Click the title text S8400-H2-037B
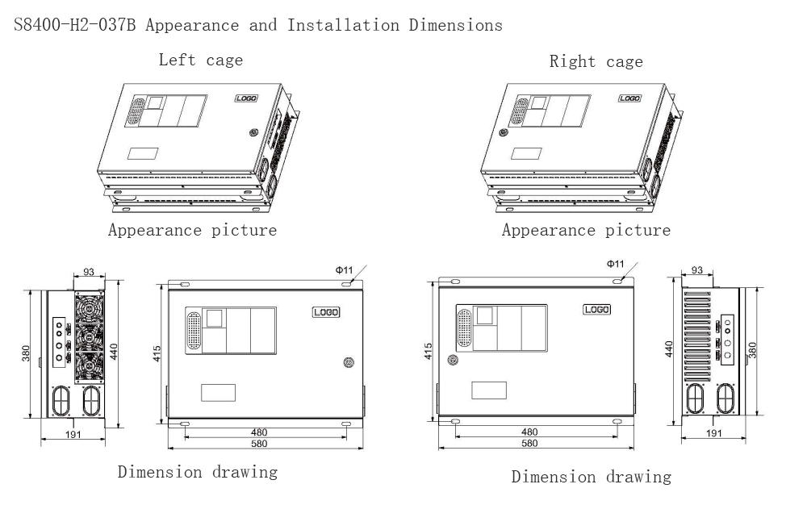point(76,25)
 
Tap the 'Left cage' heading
point(200,60)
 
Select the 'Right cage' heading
point(596,61)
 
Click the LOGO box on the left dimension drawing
point(325,312)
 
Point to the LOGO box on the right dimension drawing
point(596,309)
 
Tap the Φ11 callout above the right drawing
point(615,264)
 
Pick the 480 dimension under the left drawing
point(259,432)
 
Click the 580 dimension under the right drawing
point(529,444)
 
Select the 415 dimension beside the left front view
point(158,353)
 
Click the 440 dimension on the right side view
point(669,349)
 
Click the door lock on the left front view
point(348,362)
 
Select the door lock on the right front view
point(453,360)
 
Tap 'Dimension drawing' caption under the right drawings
point(591,477)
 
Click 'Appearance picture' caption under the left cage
point(193,231)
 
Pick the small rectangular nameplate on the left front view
point(218,392)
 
